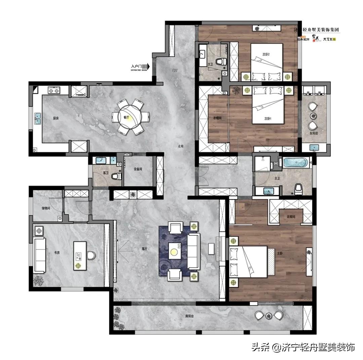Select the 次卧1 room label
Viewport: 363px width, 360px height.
267,119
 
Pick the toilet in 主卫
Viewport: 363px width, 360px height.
298,189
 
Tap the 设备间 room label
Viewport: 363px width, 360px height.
138,169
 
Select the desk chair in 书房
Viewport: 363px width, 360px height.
91,256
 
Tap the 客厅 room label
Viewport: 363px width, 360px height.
145,249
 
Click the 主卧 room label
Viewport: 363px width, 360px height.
280,254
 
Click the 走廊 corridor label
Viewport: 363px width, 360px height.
181,146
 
